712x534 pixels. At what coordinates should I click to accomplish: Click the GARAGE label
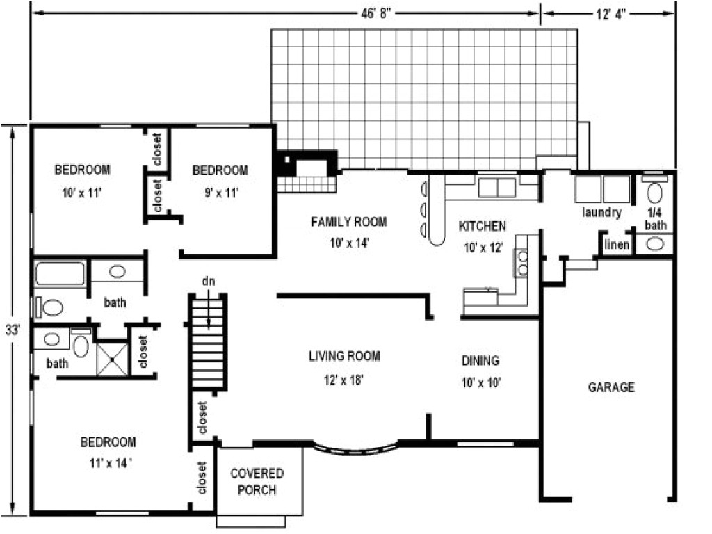[x=611, y=387]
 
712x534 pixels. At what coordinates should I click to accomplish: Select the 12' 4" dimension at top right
[x=608, y=13]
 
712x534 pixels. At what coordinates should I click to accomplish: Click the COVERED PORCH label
[x=257, y=482]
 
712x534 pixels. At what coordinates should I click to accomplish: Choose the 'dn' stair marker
[x=208, y=282]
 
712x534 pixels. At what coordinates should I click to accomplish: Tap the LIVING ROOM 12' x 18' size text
[x=344, y=380]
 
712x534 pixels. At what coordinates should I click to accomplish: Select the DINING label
[x=480, y=361]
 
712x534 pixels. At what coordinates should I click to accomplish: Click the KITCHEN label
[x=482, y=226]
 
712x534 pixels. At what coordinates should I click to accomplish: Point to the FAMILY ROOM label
[x=348, y=222]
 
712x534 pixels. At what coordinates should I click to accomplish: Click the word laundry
[x=601, y=213]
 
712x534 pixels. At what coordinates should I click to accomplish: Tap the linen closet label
[x=617, y=244]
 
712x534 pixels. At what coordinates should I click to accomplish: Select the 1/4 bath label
[x=655, y=219]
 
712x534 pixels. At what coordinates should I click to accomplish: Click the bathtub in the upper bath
[x=60, y=273]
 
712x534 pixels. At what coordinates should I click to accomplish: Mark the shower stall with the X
[x=112, y=359]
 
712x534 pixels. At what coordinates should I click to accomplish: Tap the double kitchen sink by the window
[x=496, y=187]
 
